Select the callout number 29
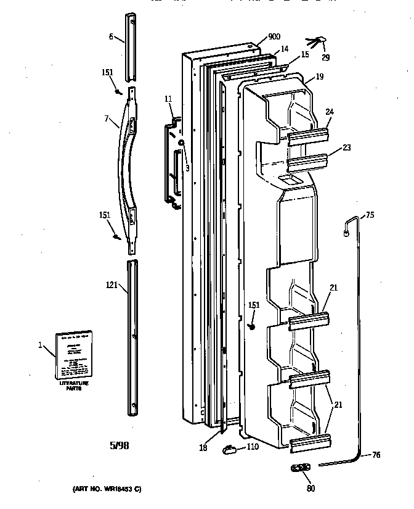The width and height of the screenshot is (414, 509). (x=325, y=58)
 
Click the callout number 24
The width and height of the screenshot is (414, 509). (x=330, y=112)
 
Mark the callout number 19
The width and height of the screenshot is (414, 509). (x=319, y=77)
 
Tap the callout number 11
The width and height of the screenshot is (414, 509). (x=168, y=99)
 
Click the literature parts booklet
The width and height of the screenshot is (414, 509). (x=73, y=355)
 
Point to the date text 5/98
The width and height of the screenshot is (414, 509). (x=120, y=445)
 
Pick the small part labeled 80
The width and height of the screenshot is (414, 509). (x=300, y=469)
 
